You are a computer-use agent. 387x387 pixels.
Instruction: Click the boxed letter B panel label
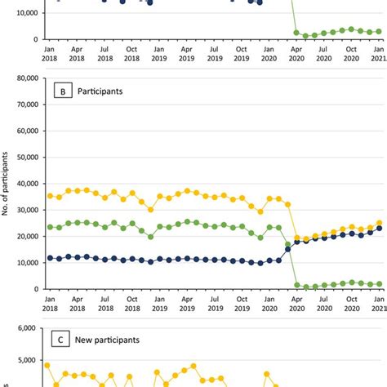click(63, 91)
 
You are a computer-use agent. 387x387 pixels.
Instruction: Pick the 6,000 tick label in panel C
click(27, 327)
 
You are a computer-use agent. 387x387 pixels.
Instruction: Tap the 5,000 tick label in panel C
click(27, 359)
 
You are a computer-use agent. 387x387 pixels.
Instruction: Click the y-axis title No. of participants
click(6, 184)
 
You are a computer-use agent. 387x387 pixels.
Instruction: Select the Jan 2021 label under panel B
click(378, 304)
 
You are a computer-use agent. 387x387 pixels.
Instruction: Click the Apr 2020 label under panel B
click(296, 304)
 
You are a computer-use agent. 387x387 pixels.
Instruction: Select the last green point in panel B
click(378, 284)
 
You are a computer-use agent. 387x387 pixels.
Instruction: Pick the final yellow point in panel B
click(378, 223)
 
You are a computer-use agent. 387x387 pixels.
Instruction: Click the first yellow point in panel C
click(48, 366)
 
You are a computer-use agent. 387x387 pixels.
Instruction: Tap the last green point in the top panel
click(378, 31)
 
